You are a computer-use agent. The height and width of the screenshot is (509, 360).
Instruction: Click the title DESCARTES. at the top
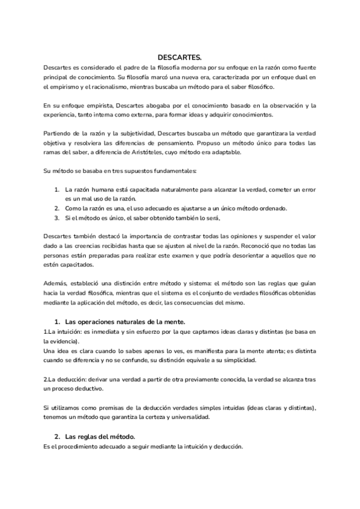179,58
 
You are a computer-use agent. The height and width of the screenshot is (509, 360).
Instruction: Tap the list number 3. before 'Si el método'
57,218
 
